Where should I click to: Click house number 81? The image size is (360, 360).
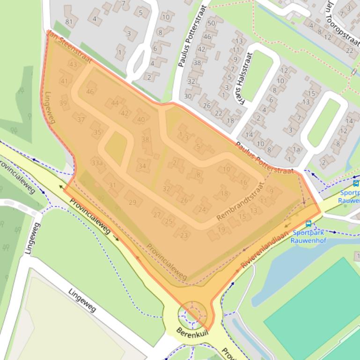click(69, 22)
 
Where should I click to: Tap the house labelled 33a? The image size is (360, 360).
click(97, 163)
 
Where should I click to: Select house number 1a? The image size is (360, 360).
click(296, 150)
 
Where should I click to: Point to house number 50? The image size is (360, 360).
click(212, 23)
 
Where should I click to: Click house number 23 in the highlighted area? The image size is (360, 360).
click(184, 235)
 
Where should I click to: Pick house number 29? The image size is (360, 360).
click(132, 202)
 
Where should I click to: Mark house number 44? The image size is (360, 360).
click(115, 103)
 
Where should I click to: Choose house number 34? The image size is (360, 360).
click(142, 166)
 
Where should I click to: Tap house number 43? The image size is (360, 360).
click(73, 64)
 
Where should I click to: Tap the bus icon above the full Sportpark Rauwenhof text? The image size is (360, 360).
click(308, 223)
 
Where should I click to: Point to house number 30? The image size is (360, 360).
click(188, 96)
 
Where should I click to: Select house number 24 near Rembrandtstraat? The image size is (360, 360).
click(202, 209)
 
